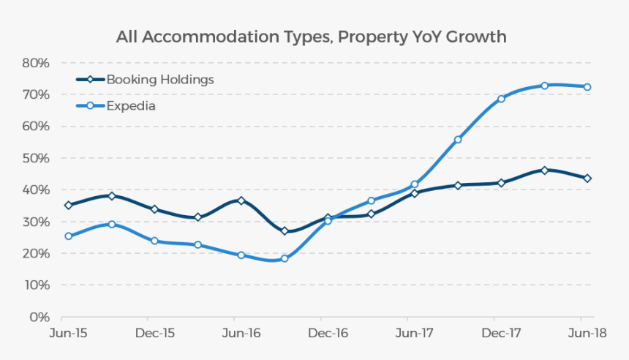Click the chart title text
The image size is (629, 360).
[x=311, y=37]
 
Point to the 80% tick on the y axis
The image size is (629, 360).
[x=35, y=63]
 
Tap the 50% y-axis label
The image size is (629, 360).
[x=35, y=158]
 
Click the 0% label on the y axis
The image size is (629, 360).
[x=39, y=317]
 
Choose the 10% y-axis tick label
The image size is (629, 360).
[x=35, y=285]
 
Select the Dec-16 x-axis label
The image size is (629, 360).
[x=328, y=334]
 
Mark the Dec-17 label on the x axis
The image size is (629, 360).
[x=501, y=334]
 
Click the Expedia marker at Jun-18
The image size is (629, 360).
[x=587, y=87]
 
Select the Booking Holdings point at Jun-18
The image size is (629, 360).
[x=587, y=179]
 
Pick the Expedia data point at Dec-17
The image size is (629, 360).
[x=501, y=99]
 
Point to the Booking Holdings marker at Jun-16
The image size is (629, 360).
[x=241, y=200]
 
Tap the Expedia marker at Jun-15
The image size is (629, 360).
[x=68, y=236]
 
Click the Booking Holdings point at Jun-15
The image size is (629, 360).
[x=68, y=206]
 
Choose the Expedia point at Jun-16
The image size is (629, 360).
[x=241, y=255]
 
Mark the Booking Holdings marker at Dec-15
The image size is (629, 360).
[x=154, y=209]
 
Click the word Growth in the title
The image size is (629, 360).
[x=480, y=37]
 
